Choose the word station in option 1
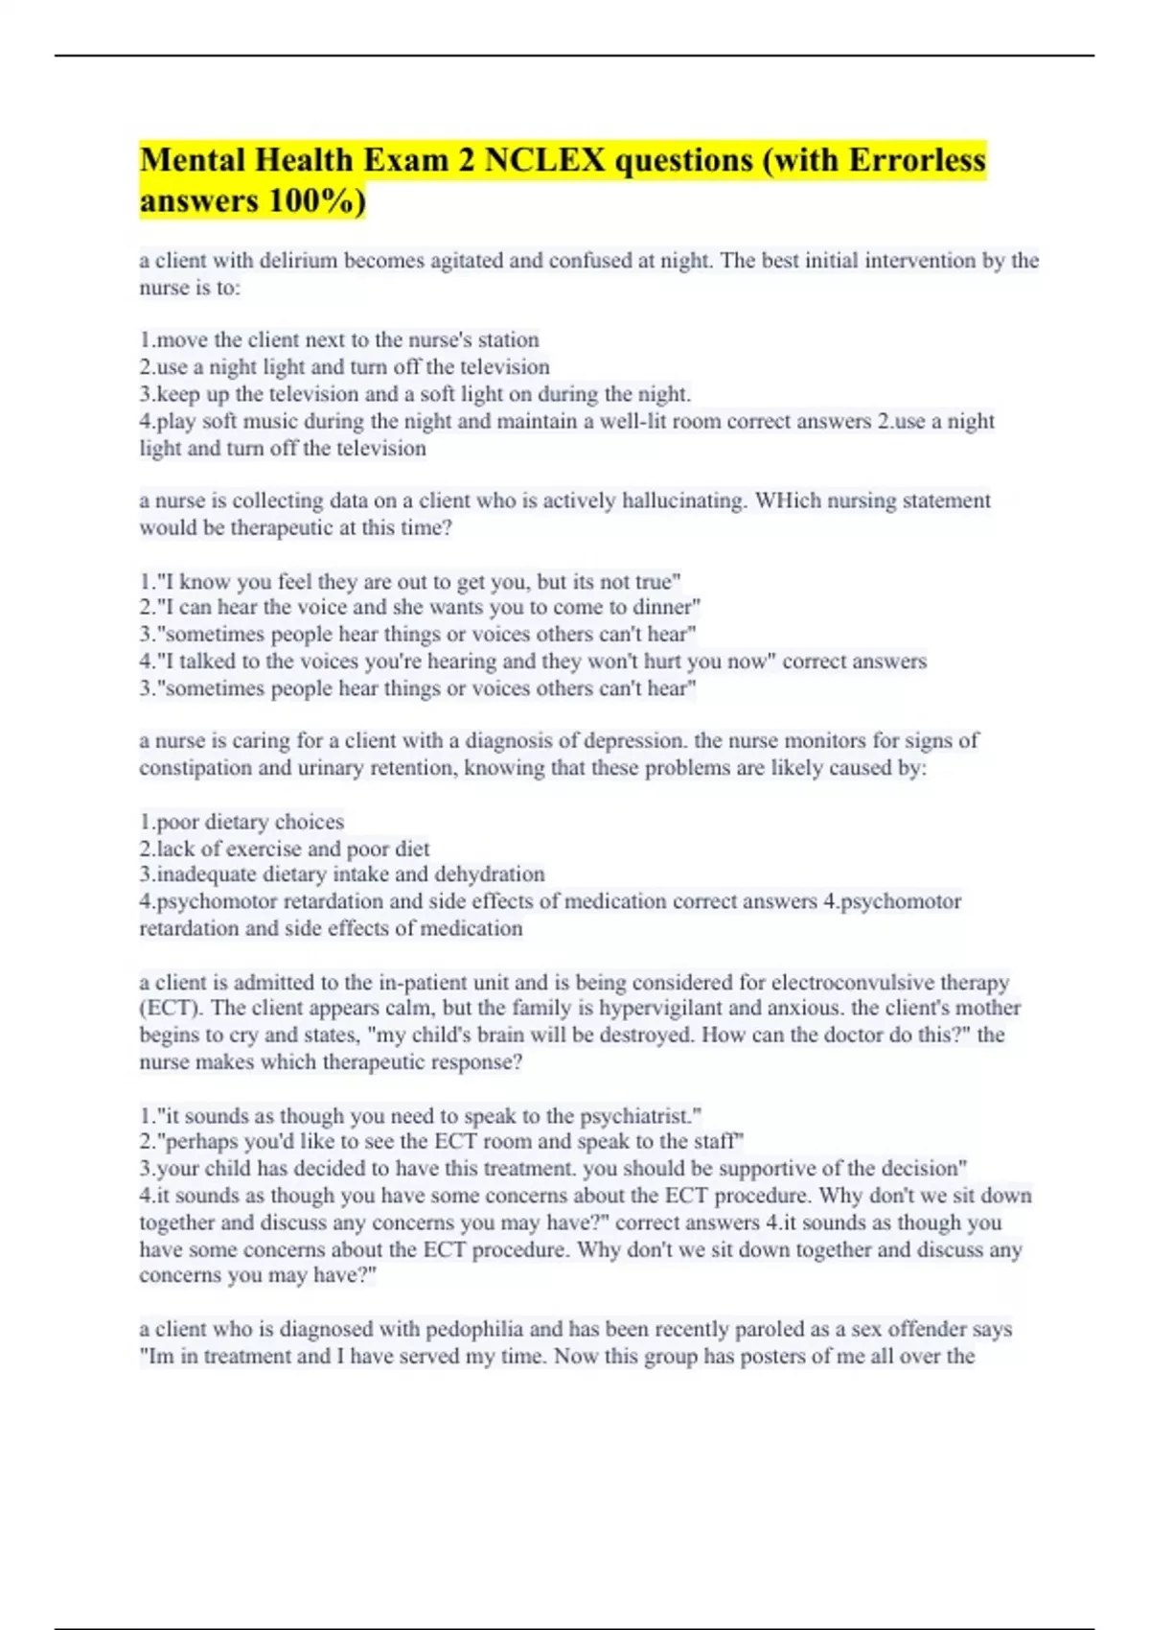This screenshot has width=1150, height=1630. point(508,339)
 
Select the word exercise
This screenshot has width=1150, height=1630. point(263,849)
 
